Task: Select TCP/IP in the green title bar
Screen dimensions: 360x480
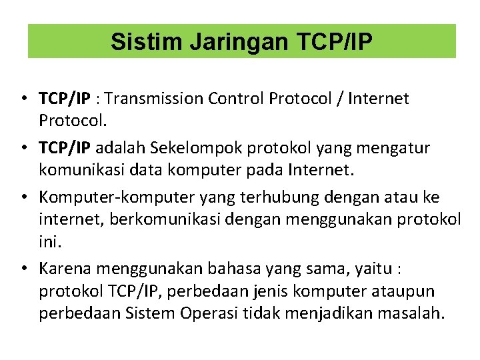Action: click(x=333, y=42)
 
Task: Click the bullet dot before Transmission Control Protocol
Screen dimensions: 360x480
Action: click(x=23, y=100)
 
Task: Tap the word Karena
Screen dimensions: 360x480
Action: click(x=65, y=268)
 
